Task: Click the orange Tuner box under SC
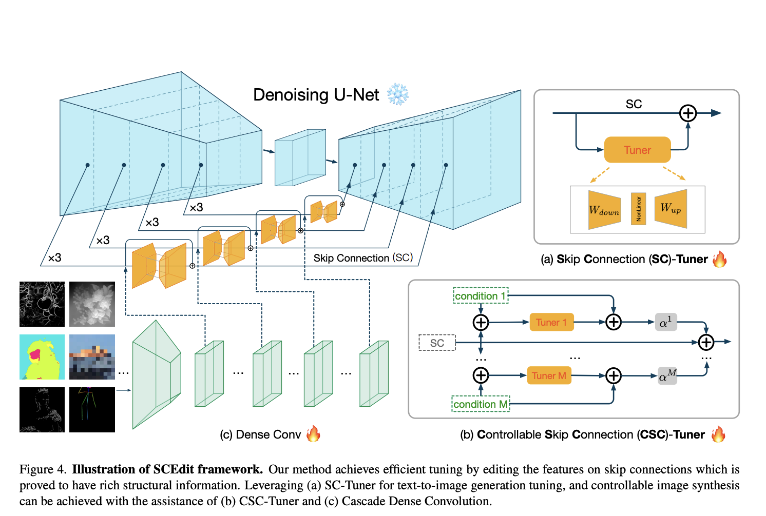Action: [x=637, y=150]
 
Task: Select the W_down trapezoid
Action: [x=604, y=210]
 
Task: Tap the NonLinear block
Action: [x=638, y=209]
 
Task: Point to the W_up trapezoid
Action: [x=671, y=208]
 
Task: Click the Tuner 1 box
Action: [x=551, y=322]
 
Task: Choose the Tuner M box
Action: [x=549, y=375]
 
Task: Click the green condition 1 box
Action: [x=481, y=296]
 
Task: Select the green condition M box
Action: [x=481, y=404]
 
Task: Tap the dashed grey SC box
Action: [x=437, y=343]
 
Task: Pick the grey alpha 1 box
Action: [x=665, y=322]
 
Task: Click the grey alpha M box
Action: [x=667, y=375]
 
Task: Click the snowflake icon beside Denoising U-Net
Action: [x=397, y=94]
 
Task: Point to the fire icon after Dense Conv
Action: [x=313, y=433]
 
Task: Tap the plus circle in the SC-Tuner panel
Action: [x=687, y=113]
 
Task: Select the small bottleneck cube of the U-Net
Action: [x=300, y=157]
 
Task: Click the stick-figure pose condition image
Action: [x=92, y=409]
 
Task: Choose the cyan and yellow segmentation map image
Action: [x=42, y=357]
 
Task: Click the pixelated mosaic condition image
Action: [x=92, y=357]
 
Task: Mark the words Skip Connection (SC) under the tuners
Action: [x=363, y=257]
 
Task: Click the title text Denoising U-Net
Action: [x=316, y=95]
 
